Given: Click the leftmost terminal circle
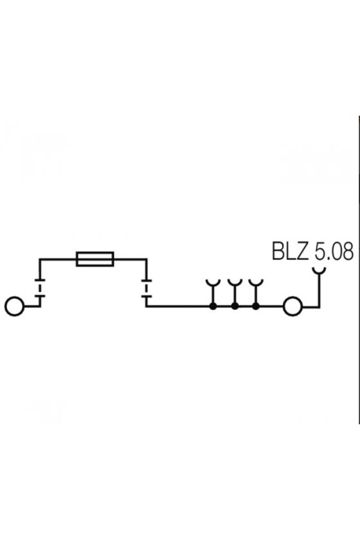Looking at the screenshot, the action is tap(15, 306).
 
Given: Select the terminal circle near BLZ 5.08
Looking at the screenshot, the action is tap(292, 306).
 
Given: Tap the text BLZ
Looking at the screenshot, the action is tap(290, 251).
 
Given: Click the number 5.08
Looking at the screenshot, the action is tap(334, 251).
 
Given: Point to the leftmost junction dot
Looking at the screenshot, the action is tap(213, 306).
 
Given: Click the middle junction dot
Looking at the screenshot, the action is tap(235, 306).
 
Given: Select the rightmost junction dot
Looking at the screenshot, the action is tap(256, 306).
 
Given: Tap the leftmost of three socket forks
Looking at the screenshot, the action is tap(213, 284).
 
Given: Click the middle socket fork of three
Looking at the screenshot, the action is tap(235, 284).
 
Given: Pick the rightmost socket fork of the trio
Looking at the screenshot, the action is tap(256, 284).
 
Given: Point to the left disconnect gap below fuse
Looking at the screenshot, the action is tap(40, 287).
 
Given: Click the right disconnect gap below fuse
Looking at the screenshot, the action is tap(147, 287).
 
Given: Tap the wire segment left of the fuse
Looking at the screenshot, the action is tap(57, 258).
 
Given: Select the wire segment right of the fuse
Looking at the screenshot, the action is tap(130, 258).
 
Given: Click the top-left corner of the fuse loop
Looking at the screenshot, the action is tap(40, 258).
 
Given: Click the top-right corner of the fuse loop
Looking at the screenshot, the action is tap(147, 258).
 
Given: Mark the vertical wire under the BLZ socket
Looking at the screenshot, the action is tap(319, 291).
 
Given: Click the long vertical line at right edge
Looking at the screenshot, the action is tap(359, 271).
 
